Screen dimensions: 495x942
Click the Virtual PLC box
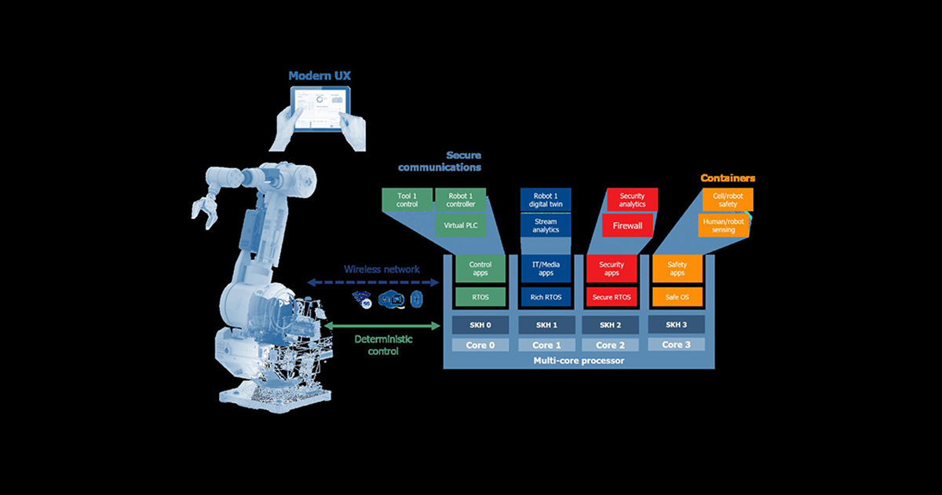tap(461, 224)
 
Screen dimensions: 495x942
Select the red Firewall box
tap(632, 225)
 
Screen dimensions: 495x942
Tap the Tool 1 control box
tap(407, 199)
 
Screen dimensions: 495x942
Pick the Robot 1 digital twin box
tap(546, 199)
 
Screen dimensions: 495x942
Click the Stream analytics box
tap(546, 225)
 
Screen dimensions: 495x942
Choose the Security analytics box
tap(632, 200)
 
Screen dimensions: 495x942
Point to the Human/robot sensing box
tap(723, 225)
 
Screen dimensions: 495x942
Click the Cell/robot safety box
tap(723, 199)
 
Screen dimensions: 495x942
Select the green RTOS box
tap(480, 296)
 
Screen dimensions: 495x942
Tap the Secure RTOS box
tap(612, 296)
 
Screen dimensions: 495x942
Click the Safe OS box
tap(677, 296)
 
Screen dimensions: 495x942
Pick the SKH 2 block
tap(612, 324)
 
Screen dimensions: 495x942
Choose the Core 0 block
tap(480, 345)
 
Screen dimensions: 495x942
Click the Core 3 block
tap(677, 344)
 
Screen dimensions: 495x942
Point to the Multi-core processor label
tap(579, 360)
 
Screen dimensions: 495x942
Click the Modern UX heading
tap(320, 75)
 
